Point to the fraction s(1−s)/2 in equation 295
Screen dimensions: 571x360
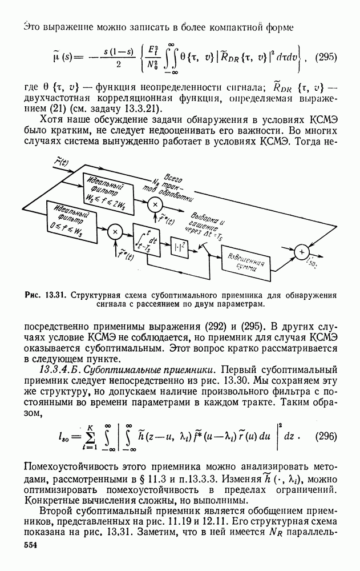118,58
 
